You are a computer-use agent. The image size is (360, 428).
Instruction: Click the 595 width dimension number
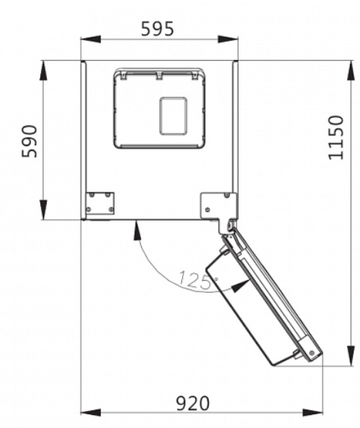pos(157,28)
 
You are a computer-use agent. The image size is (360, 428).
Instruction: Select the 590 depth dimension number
pos(30,141)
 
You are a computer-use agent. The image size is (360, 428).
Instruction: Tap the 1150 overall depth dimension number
pos(336,138)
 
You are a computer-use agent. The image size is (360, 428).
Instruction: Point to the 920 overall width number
pos(192,403)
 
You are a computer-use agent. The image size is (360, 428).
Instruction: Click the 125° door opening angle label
pos(197,280)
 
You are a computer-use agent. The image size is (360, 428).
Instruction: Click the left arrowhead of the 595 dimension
pos(91,39)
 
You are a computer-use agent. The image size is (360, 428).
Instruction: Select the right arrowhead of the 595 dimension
pos(227,39)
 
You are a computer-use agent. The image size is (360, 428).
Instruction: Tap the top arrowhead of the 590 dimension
pos(44,70)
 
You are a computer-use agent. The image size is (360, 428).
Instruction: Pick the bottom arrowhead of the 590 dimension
pos(44,210)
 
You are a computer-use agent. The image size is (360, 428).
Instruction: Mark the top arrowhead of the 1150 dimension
pos(351,70)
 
